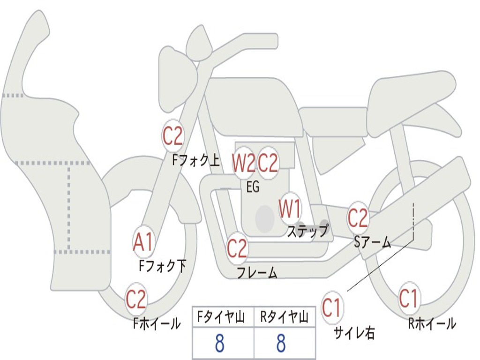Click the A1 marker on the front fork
[x=143, y=243]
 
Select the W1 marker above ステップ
[x=291, y=209]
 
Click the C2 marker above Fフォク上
[x=172, y=136]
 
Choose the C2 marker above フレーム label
[x=237, y=248]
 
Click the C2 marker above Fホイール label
[x=136, y=300]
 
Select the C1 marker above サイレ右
[x=332, y=308]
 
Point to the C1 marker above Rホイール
[x=408, y=299]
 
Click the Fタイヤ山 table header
[x=223, y=318]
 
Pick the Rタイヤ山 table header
[x=284, y=318]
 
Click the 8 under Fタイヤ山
[x=219, y=344]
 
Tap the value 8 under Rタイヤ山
[x=281, y=344]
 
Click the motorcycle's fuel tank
[x=253, y=105]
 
